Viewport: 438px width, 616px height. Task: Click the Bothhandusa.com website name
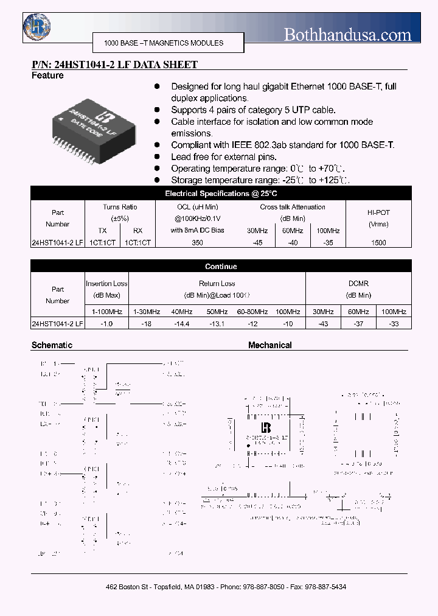click(x=347, y=35)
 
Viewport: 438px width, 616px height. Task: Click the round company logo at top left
click(x=36, y=26)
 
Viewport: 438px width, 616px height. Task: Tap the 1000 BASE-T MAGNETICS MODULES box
click(x=164, y=43)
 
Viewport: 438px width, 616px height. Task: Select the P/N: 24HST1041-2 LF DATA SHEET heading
click(x=114, y=65)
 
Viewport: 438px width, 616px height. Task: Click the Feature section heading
click(x=47, y=75)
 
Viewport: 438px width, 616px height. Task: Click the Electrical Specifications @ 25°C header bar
click(x=221, y=194)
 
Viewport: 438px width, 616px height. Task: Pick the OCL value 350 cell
click(x=197, y=242)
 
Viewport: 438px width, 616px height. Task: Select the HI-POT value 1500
click(x=378, y=242)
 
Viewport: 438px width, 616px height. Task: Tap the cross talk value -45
click(x=257, y=242)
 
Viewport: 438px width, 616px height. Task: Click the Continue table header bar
click(x=221, y=267)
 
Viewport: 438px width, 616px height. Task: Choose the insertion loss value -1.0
click(x=107, y=324)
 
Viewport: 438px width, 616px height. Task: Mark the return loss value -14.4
click(x=182, y=324)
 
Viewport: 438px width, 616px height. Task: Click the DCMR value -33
click(x=394, y=324)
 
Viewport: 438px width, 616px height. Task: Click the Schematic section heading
click(x=52, y=345)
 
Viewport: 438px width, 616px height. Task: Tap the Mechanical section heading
click(x=269, y=345)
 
